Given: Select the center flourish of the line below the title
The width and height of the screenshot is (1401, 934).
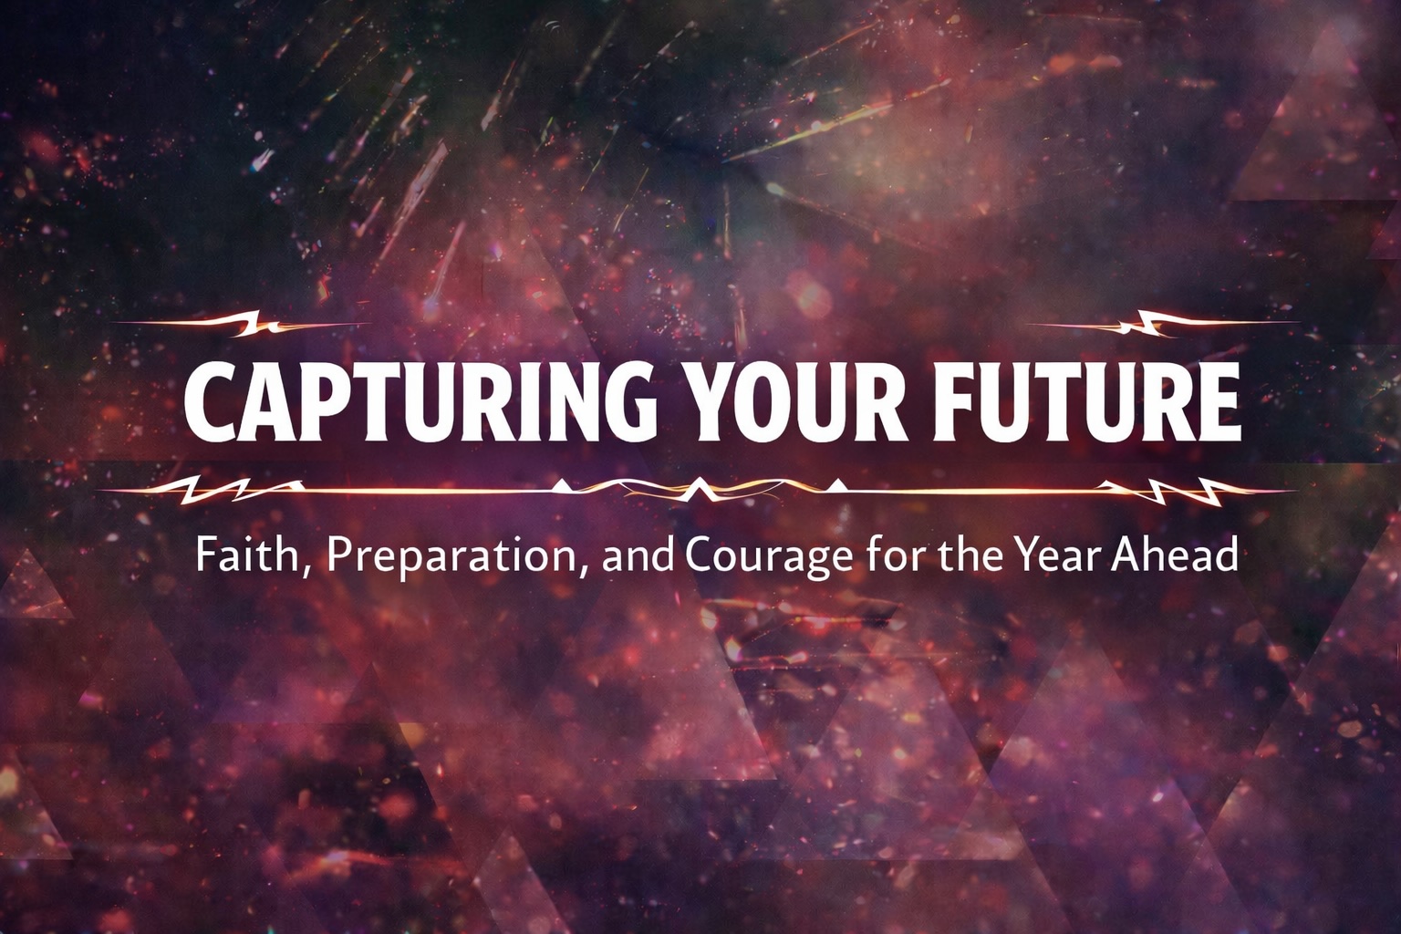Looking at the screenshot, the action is (698, 489).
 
